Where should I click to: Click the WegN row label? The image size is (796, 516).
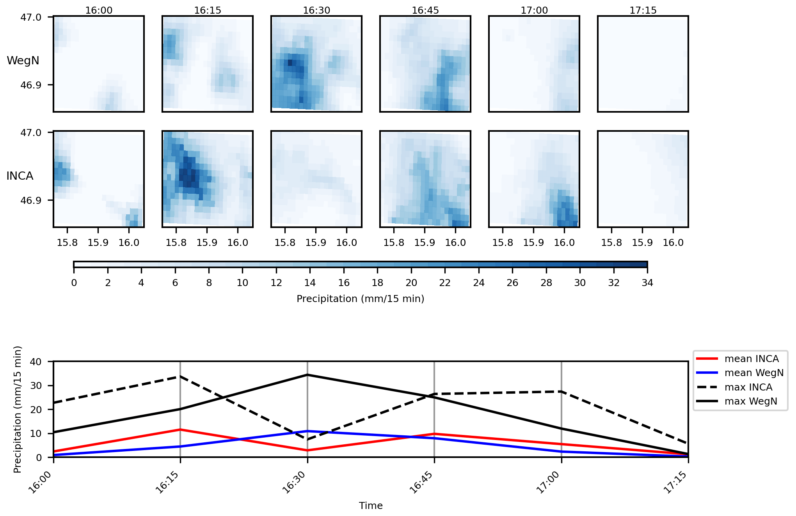point(23,61)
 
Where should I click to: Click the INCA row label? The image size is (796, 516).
point(20,176)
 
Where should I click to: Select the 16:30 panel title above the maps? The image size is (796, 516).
point(316,11)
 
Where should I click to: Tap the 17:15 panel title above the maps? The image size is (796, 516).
point(643,11)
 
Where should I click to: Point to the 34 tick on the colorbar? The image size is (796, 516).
point(647,283)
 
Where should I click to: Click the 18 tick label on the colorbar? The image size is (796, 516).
point(377,283)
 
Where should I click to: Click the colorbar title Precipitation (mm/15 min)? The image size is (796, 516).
point(360,299)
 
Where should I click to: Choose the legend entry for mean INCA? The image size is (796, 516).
point(751,359)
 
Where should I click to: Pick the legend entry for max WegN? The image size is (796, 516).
point(750,401)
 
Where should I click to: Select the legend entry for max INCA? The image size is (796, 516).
point(748,387)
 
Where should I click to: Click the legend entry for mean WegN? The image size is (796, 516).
point(753,373)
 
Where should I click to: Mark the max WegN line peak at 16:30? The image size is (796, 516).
point(307,375)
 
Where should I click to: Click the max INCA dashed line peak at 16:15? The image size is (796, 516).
point(180,376)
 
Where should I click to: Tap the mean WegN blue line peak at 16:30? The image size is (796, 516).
point(307,431)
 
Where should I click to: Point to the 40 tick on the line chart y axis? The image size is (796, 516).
point(36,362)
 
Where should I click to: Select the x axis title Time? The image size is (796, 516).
point(371,506)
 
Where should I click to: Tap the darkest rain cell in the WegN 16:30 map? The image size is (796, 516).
point(290,62)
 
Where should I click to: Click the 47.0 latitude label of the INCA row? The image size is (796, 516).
point(31,133)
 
